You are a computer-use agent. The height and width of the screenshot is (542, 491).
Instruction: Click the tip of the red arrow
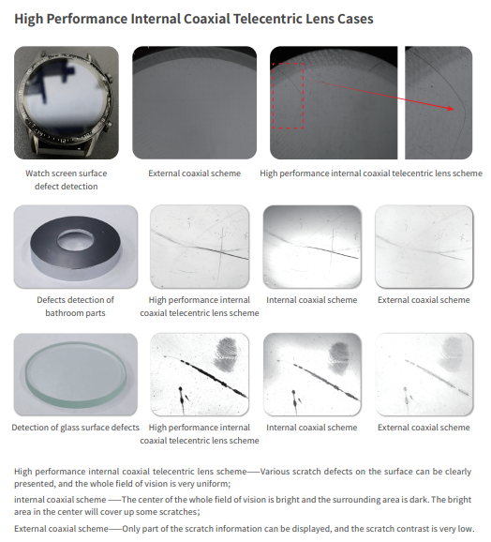[454, 109]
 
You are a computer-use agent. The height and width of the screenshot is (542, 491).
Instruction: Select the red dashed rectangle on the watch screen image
[288, 96]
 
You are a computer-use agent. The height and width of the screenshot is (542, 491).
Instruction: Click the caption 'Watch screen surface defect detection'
[67, 180]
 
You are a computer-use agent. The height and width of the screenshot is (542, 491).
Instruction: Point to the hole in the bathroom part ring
[76, 240]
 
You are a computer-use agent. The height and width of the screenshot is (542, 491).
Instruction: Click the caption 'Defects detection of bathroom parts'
[75, 307]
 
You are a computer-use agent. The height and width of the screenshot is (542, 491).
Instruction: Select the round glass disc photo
[75, 374]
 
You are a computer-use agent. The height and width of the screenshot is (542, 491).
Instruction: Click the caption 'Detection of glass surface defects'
[75, 428]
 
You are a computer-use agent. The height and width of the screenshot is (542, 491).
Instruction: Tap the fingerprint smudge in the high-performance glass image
[227, 354]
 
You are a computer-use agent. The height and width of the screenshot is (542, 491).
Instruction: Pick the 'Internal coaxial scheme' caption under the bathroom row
[311, 300]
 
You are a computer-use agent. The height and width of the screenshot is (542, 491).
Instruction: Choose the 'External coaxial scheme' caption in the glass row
[424, 428]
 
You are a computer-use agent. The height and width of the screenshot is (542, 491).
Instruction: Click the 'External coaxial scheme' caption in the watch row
[194, 173]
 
